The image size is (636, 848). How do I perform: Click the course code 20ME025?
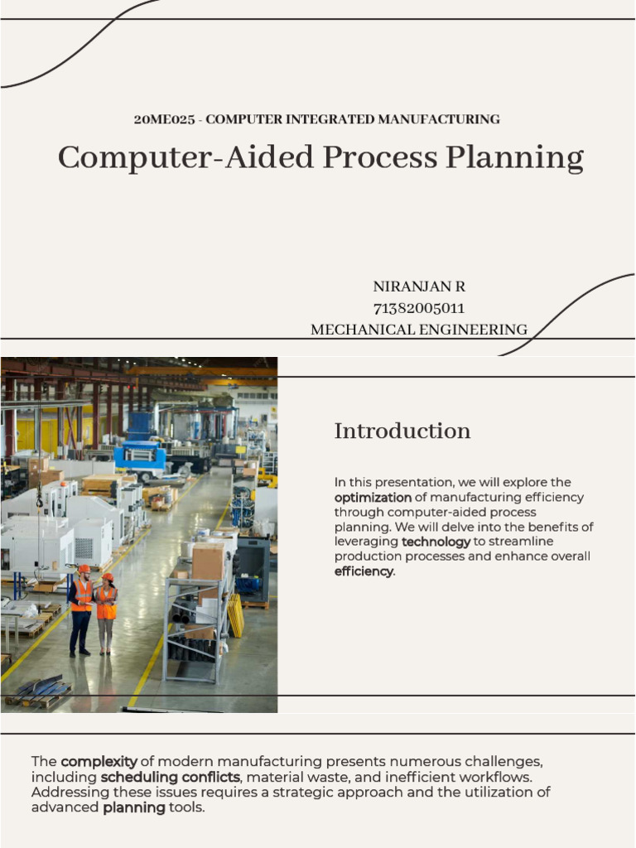[x=164, y=119]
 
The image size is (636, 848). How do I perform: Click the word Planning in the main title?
[x=514, y=157]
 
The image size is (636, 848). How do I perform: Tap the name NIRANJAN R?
[x=419, y=287]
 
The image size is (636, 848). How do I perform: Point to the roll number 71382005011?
[x=419, y=308]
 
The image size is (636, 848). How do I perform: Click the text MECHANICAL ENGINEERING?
[x=418, y=330]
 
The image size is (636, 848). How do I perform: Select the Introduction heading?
[x=402, y=431]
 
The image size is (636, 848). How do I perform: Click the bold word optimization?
[x=373, y=498]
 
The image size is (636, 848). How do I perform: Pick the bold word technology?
[x=436, y=542]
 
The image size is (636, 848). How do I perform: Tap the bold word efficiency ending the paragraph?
[x=364, y=571]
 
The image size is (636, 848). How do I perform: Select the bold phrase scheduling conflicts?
[x=170, y=777]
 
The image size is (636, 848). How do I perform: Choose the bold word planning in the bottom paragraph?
[x=134, y=807]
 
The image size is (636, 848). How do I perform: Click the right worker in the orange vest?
[x=107, y=613]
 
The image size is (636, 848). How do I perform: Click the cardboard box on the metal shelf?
[x=208, y=561]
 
